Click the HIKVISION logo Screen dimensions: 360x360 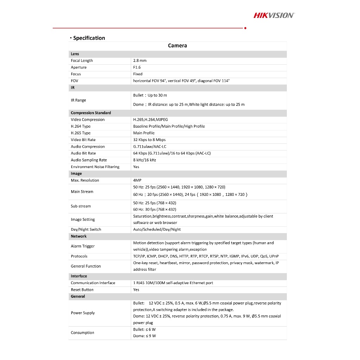pos(274,15)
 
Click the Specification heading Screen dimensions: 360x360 pos(89,38)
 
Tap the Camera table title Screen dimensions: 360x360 pos(178,46)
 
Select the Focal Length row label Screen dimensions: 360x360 pos(82,61)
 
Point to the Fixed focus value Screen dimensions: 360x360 pos(138,74)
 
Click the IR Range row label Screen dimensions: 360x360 pos(78,100)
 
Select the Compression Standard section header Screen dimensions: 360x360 pos(91,113)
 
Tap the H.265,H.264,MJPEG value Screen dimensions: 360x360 pos(150,120)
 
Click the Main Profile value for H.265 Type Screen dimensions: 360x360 pos(144,133)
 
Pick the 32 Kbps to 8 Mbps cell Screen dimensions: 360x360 pos(149,140)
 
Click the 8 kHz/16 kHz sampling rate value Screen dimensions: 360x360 pos(144,160)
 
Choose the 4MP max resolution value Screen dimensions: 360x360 pos(137,180)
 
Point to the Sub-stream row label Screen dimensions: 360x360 pos(81,206)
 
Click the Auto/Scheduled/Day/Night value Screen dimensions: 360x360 pos(157,230)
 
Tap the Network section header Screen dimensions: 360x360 pos(79,236)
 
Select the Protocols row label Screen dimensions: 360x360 pos(79,256)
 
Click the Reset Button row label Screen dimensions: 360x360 pos(82,290)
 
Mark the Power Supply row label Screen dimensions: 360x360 pos(83,313)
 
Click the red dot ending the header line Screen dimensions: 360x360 pos(245,28)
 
